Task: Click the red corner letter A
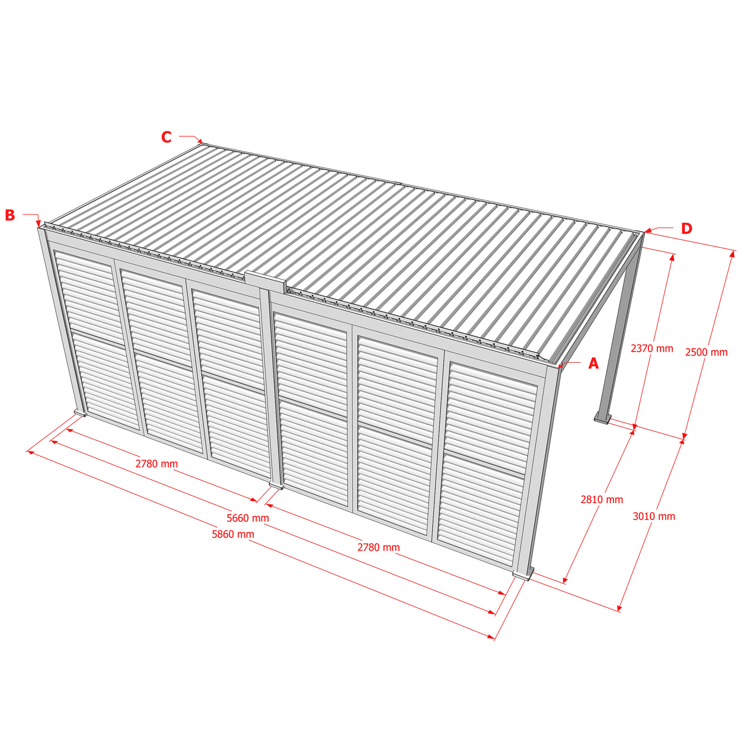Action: click(593, 363)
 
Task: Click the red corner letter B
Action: click(10, 215)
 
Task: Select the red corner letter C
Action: click(166, 137)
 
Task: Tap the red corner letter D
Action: click(686, 228)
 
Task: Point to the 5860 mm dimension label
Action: click(233, 534)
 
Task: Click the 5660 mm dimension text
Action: click(248, 518)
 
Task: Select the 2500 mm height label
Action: click(707, 352)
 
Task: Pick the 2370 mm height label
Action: click(652, 348)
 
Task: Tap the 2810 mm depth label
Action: click(602, 499)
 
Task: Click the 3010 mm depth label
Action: click(654, 516)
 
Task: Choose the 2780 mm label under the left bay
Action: click(156, 464)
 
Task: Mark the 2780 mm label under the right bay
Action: click(379, 547)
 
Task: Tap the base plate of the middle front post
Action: click(277, 486)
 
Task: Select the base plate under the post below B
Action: click(81, 413)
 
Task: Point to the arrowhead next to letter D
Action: click(648, 231)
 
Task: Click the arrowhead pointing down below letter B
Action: click(38, 224)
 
